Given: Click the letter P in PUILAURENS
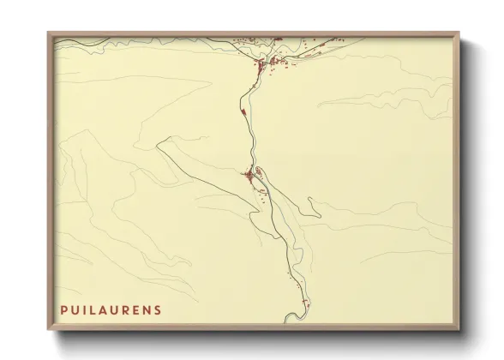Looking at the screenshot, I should coord(63,309).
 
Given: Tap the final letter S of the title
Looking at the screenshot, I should coord(157,309).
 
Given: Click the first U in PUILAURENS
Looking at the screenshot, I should coord(75,309).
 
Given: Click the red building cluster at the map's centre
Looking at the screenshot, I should coord(250,176).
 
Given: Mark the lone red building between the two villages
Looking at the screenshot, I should coord(244,111).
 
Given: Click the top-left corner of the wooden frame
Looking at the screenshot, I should coord(49,33).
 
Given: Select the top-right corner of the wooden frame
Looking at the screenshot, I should coord(459,33).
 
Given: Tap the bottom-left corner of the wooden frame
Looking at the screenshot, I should coord(49,329).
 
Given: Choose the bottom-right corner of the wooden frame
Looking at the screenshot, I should coord(459,329).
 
